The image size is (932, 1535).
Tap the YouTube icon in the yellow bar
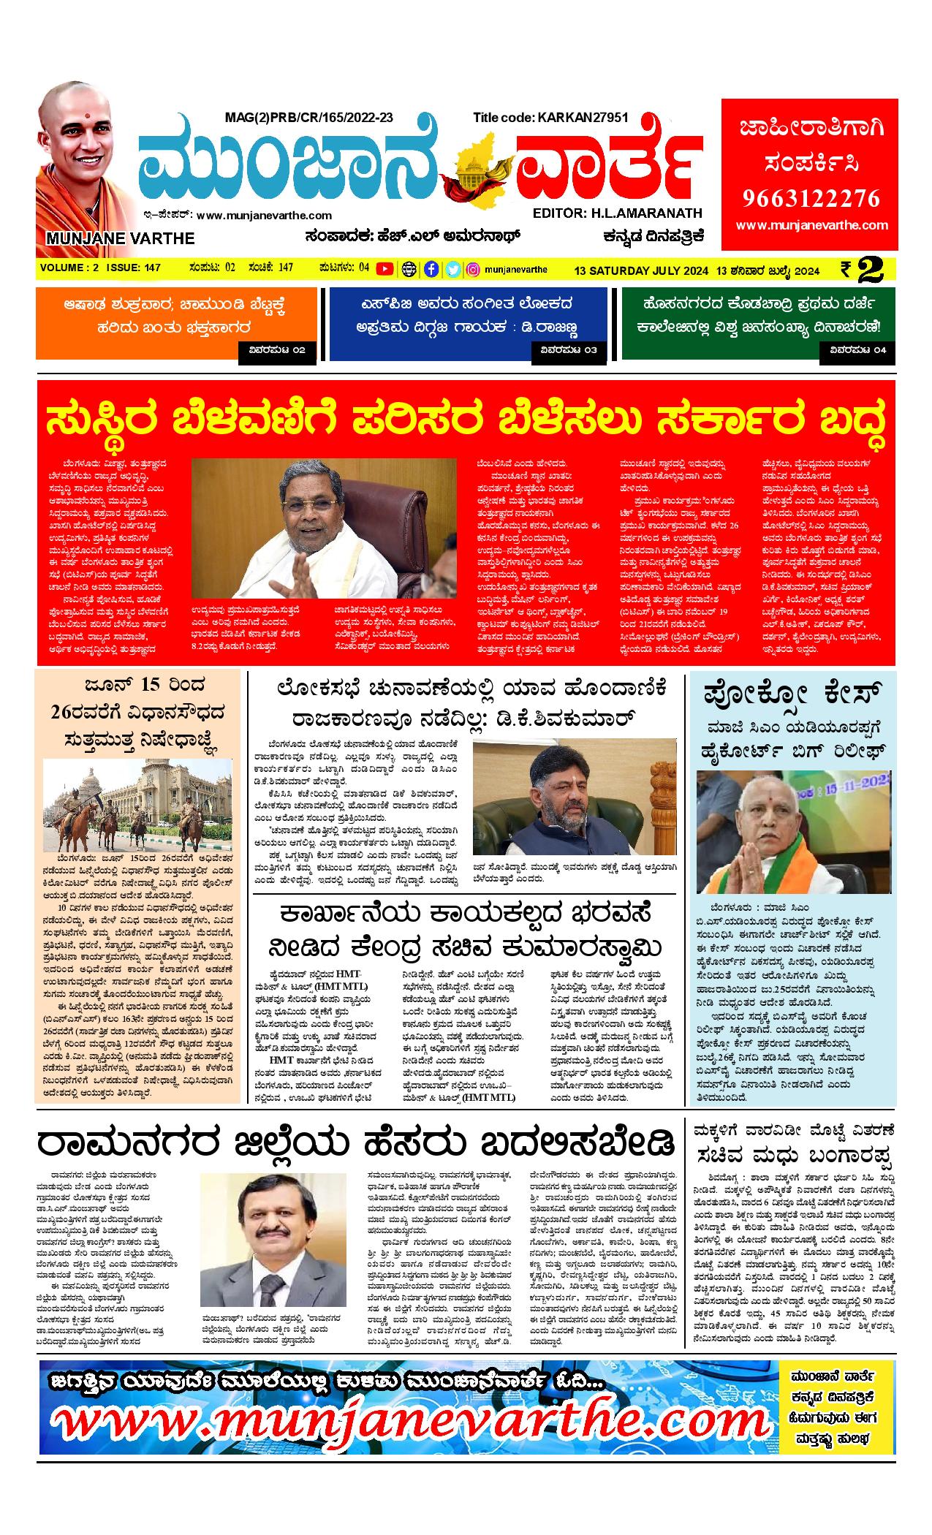tap(384, 269)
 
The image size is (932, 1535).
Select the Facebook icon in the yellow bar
tap(432, 269)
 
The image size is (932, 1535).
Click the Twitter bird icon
tap(452, 269)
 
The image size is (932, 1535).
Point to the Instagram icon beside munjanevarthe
tap(473, 269)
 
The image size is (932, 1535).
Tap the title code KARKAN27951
tap(550, 117)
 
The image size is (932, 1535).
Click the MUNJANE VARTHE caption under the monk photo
tap(120, 238)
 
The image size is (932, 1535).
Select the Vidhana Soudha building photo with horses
tap(137, 803)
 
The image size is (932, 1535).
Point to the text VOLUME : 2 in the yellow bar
tap(70, 268)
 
